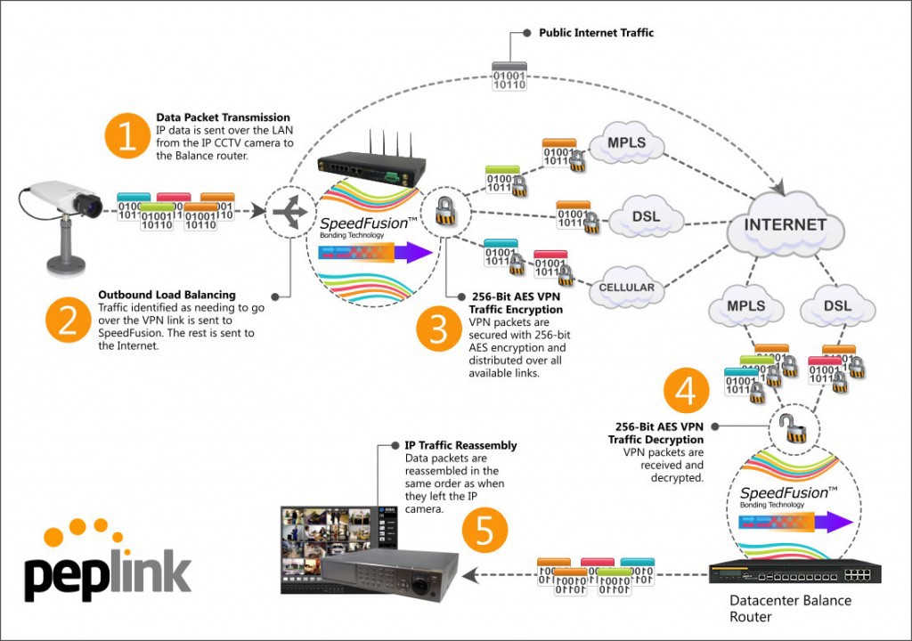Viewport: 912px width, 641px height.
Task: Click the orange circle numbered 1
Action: (x=128, y=138)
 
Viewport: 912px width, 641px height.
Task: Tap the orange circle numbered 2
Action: (x=69, y=321)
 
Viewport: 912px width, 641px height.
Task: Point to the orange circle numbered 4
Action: (x=685, y=392)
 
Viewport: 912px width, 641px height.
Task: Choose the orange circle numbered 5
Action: (x=484, y=531)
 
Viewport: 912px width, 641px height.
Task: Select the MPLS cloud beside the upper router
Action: (x=626, y=143)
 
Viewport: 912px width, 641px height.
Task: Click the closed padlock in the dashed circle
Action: (x=441, y=211)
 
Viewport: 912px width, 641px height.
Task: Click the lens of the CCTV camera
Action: (x=93, y=207)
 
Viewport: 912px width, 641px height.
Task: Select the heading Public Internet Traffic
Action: (x=596, y=33)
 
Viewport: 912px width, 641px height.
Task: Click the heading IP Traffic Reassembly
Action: (x=460, y=445)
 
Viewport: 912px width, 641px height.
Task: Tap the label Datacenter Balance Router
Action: (x=790, y=608)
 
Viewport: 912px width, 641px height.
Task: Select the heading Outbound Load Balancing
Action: (x=167, y=295)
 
